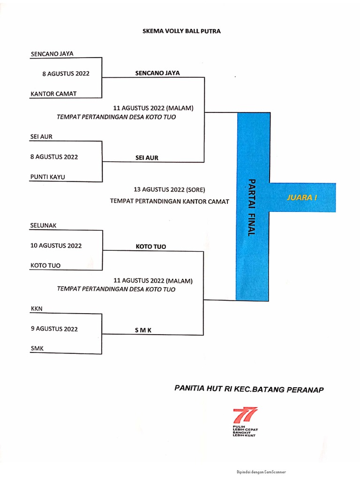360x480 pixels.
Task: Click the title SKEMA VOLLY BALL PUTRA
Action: (x=181, y=31)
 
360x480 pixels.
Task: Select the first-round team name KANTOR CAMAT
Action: (x=53, y=93)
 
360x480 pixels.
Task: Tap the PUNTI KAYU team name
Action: (x=48, y=177)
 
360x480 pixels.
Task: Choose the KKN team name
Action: (x=36, y=308)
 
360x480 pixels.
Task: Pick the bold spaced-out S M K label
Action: (x=144, y=330)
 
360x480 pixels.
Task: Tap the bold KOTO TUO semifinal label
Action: (x=151, y=247)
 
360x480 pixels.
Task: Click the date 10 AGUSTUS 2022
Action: (x=56, y=245)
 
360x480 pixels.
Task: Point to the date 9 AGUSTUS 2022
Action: (x=54, y=329)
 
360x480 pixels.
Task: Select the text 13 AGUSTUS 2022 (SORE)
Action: (x=169, y=189)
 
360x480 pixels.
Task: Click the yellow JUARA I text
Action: (x=302, y=197)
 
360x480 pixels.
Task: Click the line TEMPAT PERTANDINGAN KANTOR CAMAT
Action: (x=169, y=202)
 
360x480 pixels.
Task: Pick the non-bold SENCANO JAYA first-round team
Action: (x=52, y=54)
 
